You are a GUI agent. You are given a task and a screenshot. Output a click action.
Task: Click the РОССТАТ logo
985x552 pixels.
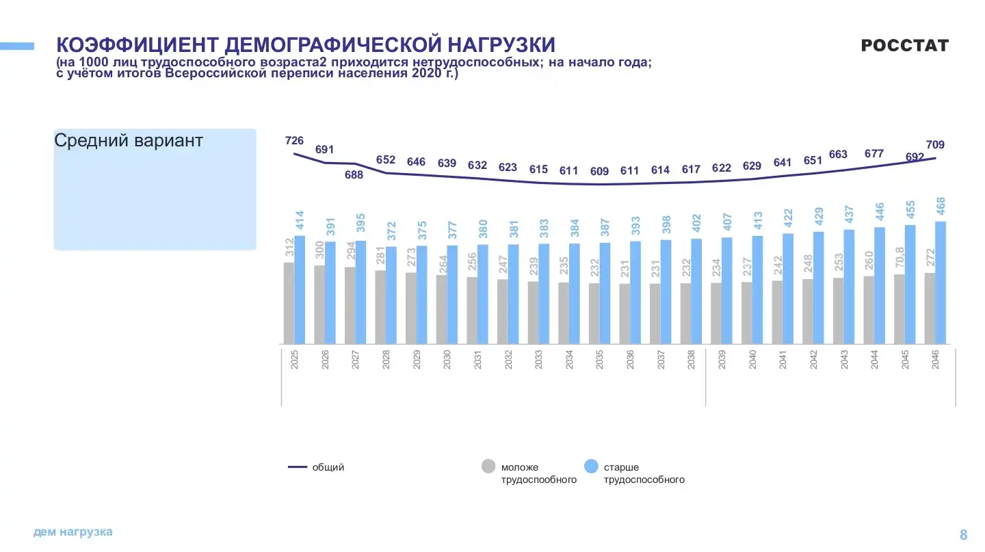click(x=904, y=46)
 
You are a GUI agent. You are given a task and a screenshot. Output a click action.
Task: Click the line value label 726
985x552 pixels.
click(x=294, y=141)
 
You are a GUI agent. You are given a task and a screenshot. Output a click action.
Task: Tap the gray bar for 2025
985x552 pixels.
click(x=289, y=302)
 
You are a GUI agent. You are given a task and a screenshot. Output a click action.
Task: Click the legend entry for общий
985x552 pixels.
click(x=316, y=467)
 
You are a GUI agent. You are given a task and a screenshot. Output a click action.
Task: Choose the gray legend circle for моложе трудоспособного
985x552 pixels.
click(x=488, y=466)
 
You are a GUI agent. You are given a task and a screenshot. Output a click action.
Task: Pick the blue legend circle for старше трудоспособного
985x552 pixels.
click(x=592, y=466)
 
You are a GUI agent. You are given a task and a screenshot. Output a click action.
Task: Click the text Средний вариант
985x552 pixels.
click(x=129, y=141)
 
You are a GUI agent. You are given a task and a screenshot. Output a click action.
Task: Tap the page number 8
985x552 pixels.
click(x=964, y=535)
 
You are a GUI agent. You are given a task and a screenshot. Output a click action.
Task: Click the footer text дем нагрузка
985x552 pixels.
click(x=73, y=532)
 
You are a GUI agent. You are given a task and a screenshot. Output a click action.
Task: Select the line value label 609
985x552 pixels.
click(x=599, y=171)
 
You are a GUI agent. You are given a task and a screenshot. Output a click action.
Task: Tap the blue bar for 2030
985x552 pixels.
click(x=452, y=294)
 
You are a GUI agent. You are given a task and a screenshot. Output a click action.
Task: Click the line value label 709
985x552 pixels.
click(x=935, y=145)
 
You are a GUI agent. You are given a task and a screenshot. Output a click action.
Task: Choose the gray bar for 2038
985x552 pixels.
click(x=685, y=313)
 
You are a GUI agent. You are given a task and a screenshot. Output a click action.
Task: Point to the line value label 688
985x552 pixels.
click(x=354, y=175)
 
